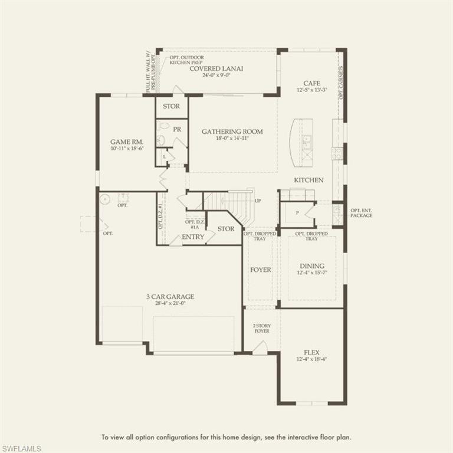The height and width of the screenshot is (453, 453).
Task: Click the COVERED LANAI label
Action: [216, 68]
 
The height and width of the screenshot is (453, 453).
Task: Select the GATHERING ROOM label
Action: [232, 132]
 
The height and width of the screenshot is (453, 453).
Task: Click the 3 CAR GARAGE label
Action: [170, 297]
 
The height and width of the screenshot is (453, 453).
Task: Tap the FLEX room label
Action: [311, 352]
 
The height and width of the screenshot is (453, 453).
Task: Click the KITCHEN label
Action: [308, 180]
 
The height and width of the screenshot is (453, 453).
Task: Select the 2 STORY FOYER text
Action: [261, 328]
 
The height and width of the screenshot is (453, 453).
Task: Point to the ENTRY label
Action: [193, 237]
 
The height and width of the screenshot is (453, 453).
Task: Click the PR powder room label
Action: [177, 129]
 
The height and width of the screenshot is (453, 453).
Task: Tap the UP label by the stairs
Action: [258, 201]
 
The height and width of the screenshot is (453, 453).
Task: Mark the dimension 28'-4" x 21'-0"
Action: [170, 304]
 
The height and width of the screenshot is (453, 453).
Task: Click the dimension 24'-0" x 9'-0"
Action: [216, 75]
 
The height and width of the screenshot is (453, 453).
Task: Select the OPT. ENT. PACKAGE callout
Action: [361, 213]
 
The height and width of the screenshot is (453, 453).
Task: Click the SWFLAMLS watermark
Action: [21, 448]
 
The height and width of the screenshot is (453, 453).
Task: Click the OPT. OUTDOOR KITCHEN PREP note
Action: [186, 60]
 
